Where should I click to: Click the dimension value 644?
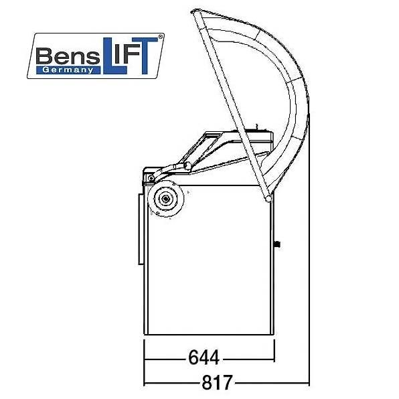204,357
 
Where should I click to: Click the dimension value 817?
217,382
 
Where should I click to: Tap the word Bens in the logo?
68,56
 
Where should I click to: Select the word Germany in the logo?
68,70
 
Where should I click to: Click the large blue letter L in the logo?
114,56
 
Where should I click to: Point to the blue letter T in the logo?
145,56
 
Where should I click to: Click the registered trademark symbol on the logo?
160,37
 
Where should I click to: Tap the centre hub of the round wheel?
165,199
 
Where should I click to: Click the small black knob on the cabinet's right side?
277,244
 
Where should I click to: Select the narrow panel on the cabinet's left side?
141,229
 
